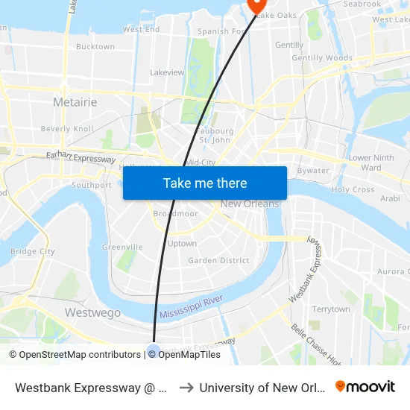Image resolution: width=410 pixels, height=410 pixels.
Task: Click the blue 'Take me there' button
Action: point(205,183)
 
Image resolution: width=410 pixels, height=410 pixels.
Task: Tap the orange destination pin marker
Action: point(256,5)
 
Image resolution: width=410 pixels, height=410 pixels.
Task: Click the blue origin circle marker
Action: point(154,351)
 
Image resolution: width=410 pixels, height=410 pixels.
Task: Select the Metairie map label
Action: point(75,101)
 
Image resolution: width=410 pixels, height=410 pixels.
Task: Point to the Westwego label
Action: point(92,313)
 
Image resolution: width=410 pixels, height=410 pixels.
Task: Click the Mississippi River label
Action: point(191,307)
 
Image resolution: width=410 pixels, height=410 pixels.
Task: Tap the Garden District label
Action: point(218,260)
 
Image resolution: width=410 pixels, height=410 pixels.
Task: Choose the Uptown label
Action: point(182,243)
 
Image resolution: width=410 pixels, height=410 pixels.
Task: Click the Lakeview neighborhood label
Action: point(167,72)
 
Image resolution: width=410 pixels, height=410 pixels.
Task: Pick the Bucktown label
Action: point(95,46)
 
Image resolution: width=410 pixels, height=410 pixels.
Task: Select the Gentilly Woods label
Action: point(322,57)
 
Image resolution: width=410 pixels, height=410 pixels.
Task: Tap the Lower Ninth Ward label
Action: point(371,163)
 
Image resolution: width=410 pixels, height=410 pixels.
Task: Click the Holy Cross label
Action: point(353,189)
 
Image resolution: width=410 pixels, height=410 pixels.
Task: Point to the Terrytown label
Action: point(330,309)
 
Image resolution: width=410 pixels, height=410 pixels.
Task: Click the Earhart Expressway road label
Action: point(81,157)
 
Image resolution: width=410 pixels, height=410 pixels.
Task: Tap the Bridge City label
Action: point(33,251)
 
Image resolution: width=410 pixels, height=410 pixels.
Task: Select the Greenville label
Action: point(122,247)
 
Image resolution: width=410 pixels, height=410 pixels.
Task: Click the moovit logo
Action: point(365,386)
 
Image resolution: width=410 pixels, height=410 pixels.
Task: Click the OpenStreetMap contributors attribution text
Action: point(75,355)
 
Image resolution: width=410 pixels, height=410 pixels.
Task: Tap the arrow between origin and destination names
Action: point(186,388)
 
